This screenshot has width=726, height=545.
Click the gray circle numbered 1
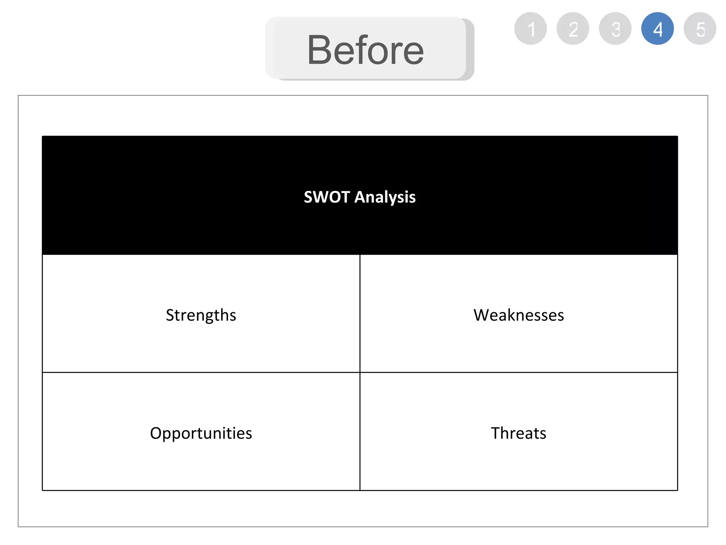click(x=530, y=29)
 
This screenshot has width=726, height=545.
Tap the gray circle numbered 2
click(x=573, y=29)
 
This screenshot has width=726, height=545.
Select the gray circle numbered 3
click(x=615, y=29)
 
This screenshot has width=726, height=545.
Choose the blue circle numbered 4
click(x=658, y=29)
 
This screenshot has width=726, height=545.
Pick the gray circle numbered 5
click(x=700, y=29)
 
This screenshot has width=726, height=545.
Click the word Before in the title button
click(x=365, y=50)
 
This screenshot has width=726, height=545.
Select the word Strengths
click(x=201, y=315)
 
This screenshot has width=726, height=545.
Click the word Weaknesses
click(x=519, y=315)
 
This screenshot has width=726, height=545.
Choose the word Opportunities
click(x=201, y=434)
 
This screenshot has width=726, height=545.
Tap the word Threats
click(x=519, y=433)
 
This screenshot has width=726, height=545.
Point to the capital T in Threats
click(x=495, y=433)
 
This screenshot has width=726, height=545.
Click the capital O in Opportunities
click(x=156, y=433)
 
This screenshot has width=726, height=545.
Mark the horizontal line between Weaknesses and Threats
click(x=519, y=373)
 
